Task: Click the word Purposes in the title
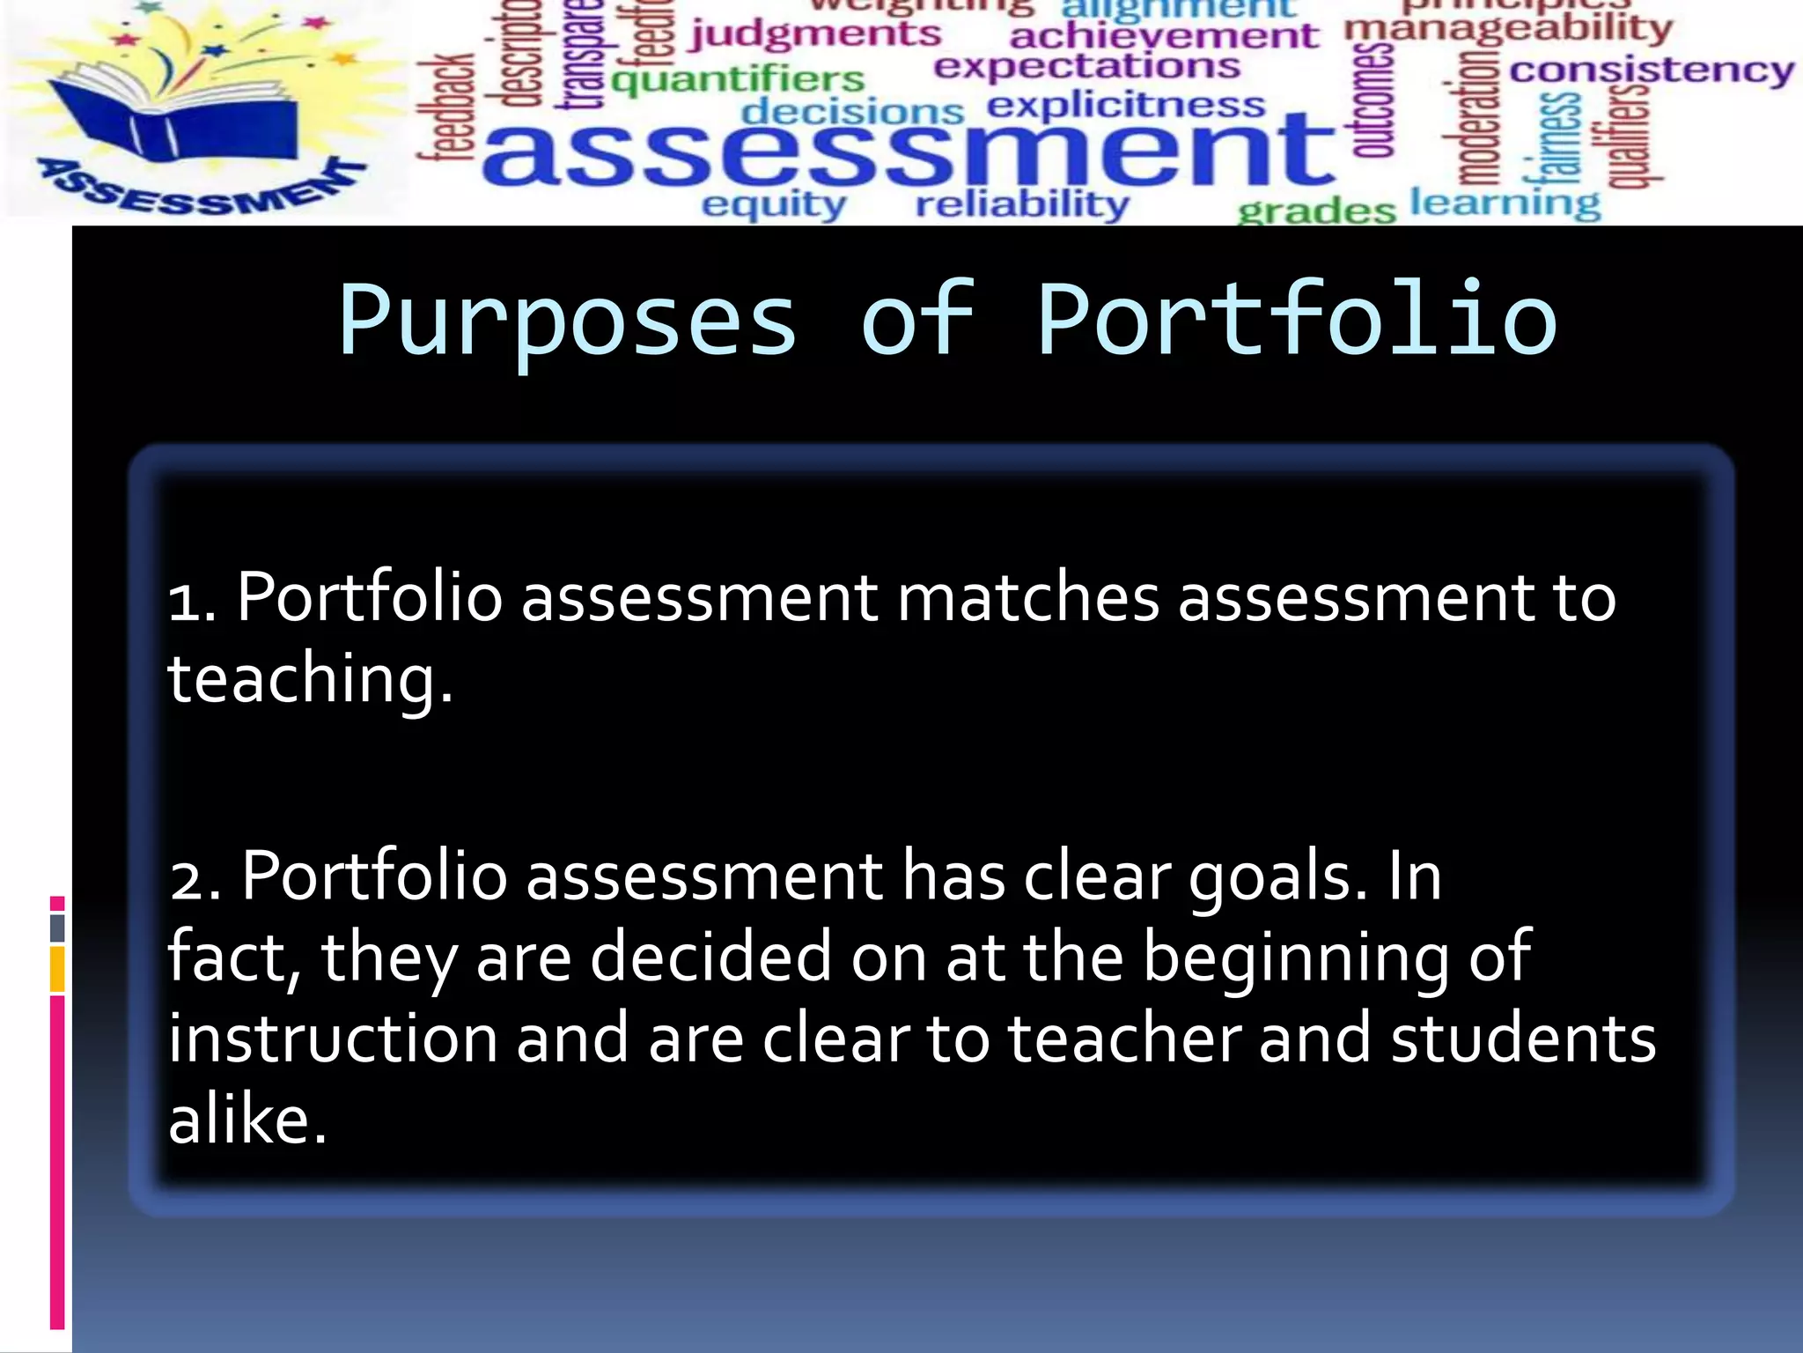click(x=568, y=321)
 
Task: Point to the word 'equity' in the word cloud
click(x=774, y=205)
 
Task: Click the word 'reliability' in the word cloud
click(x=1022, y=205)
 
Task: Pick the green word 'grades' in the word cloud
click(x=1316, y=211)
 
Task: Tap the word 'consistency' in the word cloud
click(x=1652, y=70)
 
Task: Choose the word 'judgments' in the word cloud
click(x=815, y=35)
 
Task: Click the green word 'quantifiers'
click(x=738, y=80)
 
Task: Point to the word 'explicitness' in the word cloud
click(x=1126, y=106)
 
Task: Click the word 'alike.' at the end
click(x=247, y=1120)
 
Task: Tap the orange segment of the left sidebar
click(x=57, y=969)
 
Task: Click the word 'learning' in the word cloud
click(x=1505, y=203)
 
